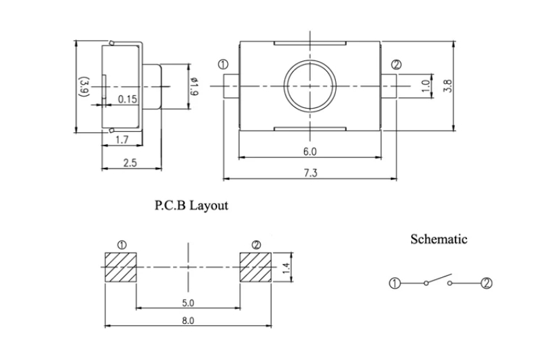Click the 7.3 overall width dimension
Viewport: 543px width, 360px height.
310,173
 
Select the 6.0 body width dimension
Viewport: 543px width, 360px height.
310,151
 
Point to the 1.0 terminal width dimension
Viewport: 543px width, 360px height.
426,86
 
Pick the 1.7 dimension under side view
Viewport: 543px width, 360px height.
122,140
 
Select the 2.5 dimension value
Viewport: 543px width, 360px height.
130,163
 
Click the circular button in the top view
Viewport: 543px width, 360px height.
310,86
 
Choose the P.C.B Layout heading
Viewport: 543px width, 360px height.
192,205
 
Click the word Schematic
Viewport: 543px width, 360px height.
438,239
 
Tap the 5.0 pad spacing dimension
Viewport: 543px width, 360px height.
189,302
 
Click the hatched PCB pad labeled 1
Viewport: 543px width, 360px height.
121,268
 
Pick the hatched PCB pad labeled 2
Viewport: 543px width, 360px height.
256,268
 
